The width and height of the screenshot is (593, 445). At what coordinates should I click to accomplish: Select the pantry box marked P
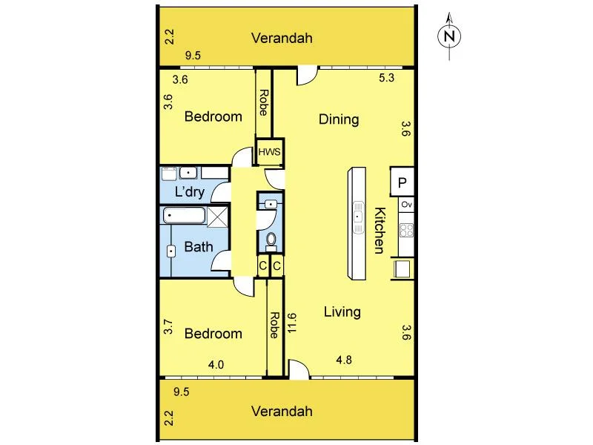(x=402, y=182)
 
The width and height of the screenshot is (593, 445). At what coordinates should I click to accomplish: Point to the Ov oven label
(x=405, y=204)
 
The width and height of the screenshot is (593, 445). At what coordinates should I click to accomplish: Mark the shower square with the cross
(x=218, y=217)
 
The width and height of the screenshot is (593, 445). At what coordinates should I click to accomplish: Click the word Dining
(x=339, y=119)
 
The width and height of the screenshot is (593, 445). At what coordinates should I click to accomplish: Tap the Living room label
(x=342, y=311)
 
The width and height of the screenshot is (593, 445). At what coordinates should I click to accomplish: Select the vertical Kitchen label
(x=379, y=231)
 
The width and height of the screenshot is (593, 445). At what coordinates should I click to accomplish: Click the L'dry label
(x=190, y=192)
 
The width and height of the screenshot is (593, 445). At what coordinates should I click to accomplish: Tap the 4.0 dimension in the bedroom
(x=216, y=364)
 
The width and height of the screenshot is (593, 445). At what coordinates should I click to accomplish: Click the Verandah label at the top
(x=281, y=39)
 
